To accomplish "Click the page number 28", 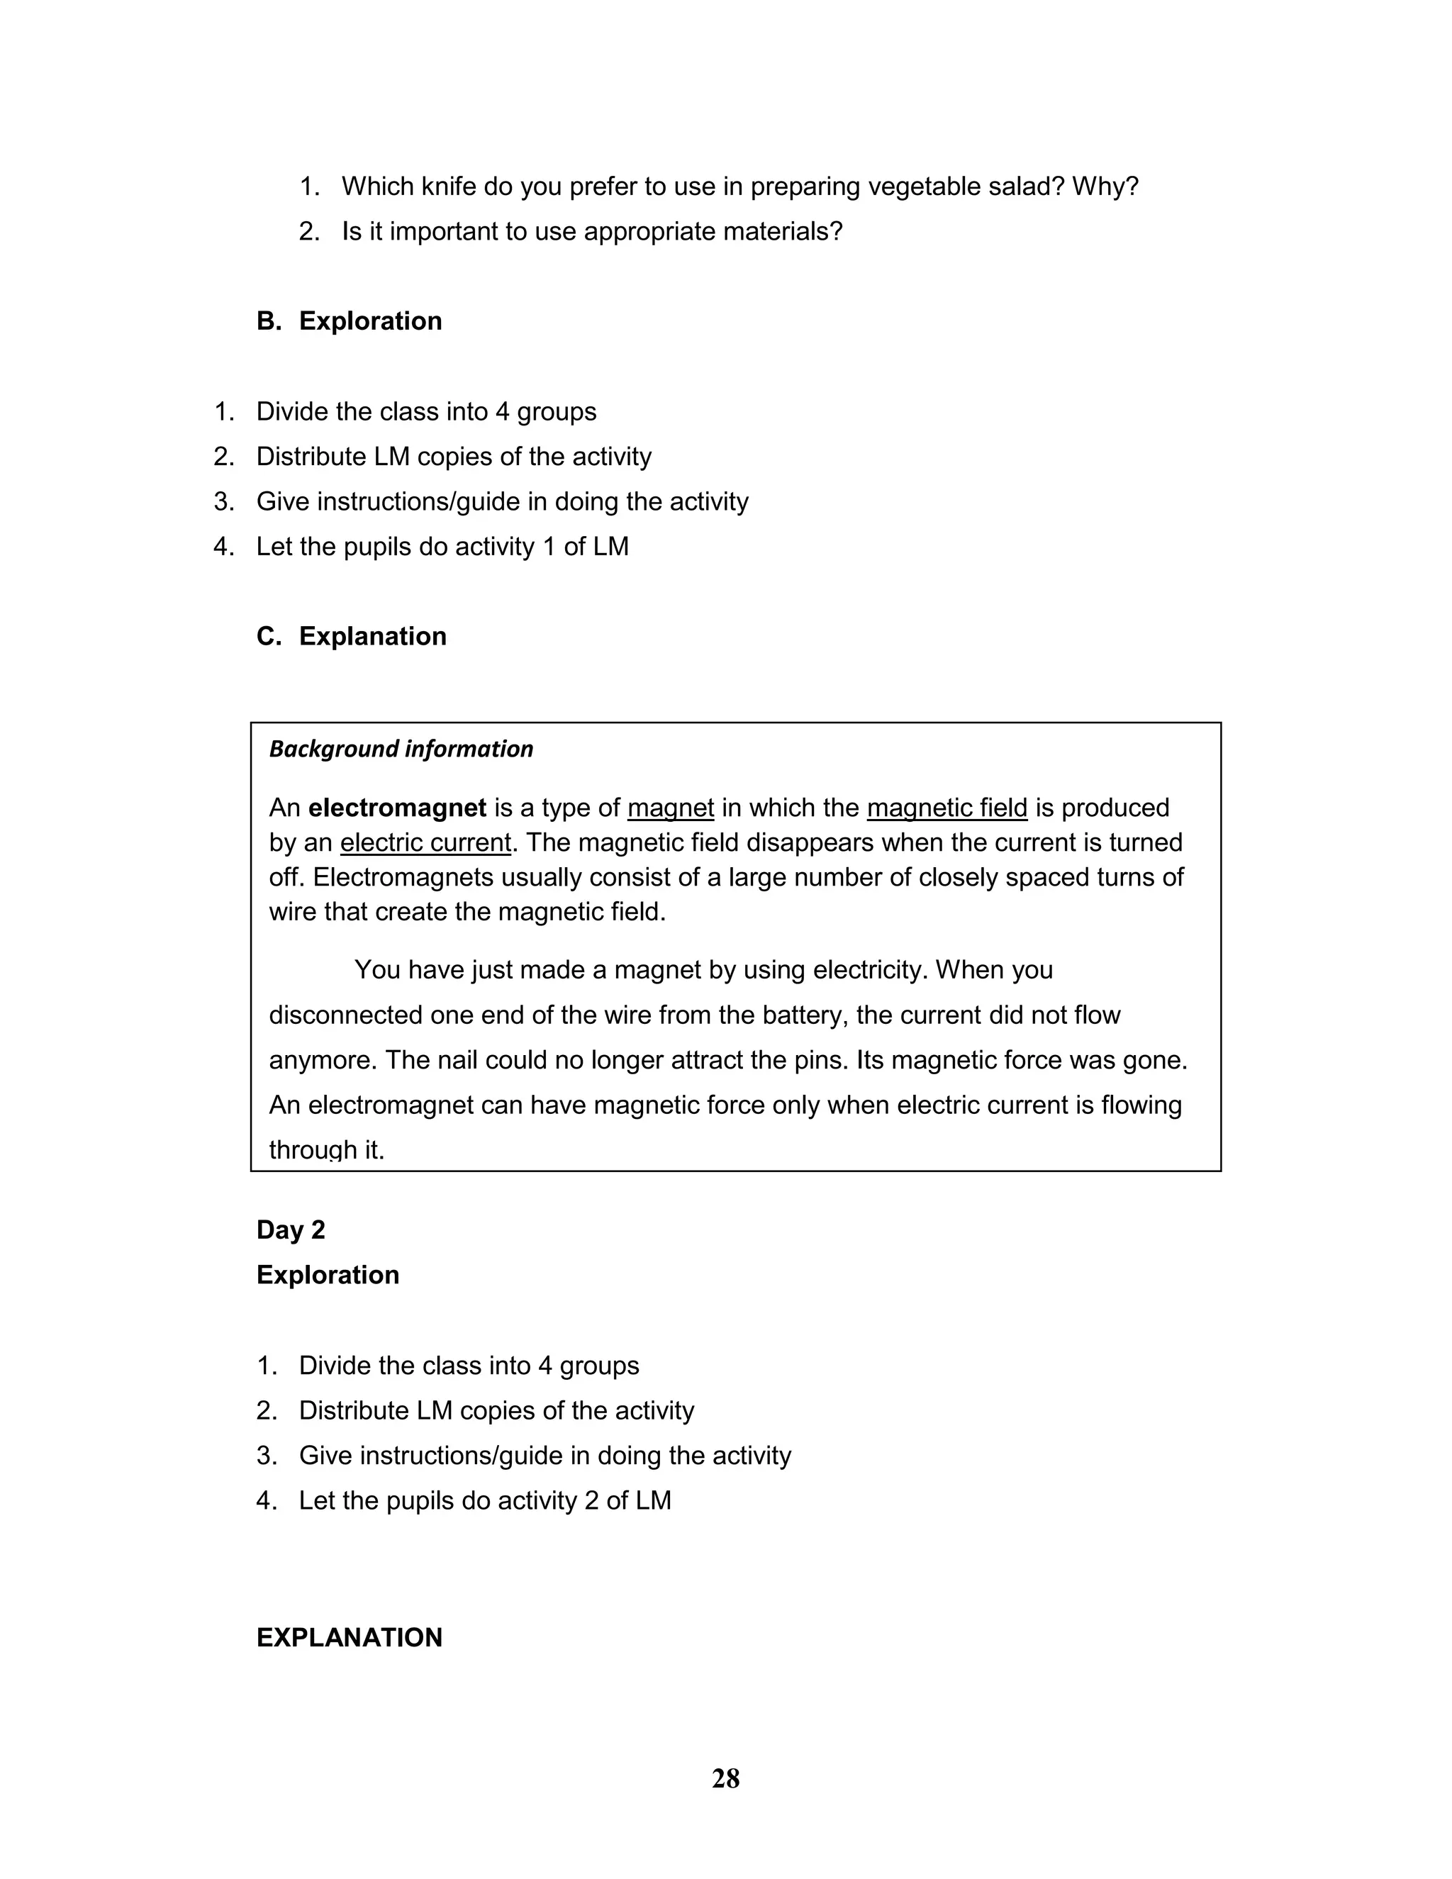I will coord(725,1778).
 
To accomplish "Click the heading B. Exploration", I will coord(350,321).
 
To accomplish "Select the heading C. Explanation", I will coord(351,636).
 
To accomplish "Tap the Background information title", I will coord(401,749).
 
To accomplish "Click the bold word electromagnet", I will coord(396,808).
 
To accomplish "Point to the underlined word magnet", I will coord(670,808).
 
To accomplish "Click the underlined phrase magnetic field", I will coord(946,808).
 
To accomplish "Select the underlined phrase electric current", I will coord(425,842).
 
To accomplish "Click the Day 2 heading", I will coord(291,1230).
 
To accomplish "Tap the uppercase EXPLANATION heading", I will coord(350,1637).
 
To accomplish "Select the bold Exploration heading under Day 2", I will coord(328,1274).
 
